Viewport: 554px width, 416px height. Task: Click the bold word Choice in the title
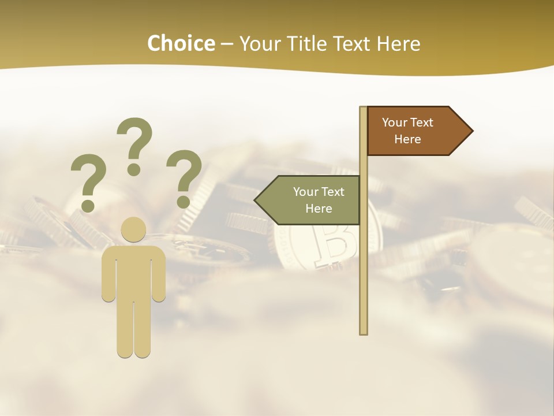click(x=181, y=43)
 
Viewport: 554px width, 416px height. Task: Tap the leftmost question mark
click(x=88, y=176)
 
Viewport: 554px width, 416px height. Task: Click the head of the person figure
click(x=134, y=229)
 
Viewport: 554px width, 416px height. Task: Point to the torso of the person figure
click(x=134, y=272)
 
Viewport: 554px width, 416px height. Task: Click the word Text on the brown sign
click(x=422, y=122)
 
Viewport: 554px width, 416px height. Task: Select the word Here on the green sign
click(x=319, y=209)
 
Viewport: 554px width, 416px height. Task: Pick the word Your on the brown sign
click(x=395, y=122)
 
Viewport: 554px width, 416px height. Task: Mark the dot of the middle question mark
click(x=134, y=169)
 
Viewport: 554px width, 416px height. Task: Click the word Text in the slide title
click(x=353, y=43)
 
